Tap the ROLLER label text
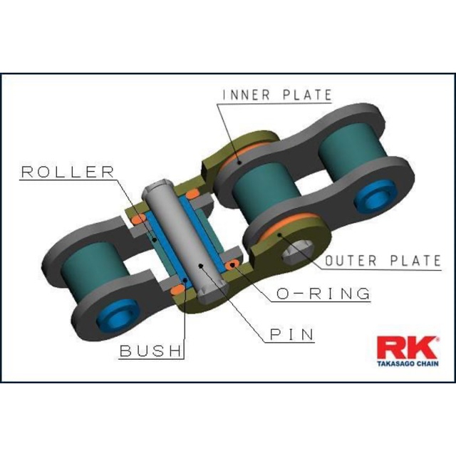[67, 172]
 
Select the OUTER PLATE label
[383, 261]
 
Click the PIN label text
[291, 333]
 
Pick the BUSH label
[151, 351]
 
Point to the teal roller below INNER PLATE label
[260, 192]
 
